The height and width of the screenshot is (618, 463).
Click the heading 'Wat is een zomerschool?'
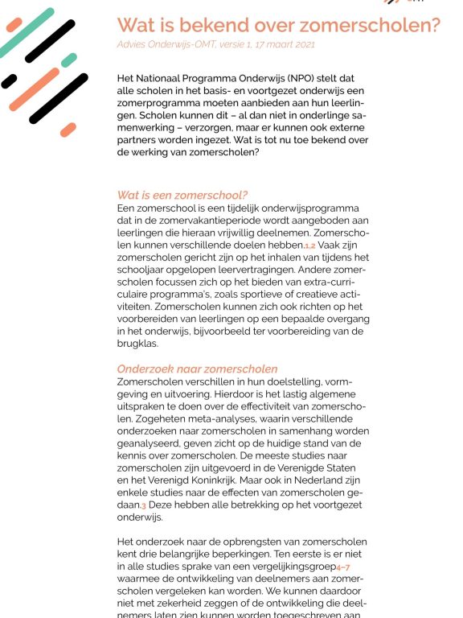[182, 196]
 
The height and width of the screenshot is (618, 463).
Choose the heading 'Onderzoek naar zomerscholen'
[197, 369]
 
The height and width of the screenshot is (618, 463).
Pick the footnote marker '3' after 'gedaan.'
[144, 505]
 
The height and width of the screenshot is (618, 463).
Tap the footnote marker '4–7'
[342, 567]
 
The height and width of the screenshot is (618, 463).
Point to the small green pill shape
[69, 60]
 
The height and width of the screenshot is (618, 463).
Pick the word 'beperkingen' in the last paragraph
[250, 554]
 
